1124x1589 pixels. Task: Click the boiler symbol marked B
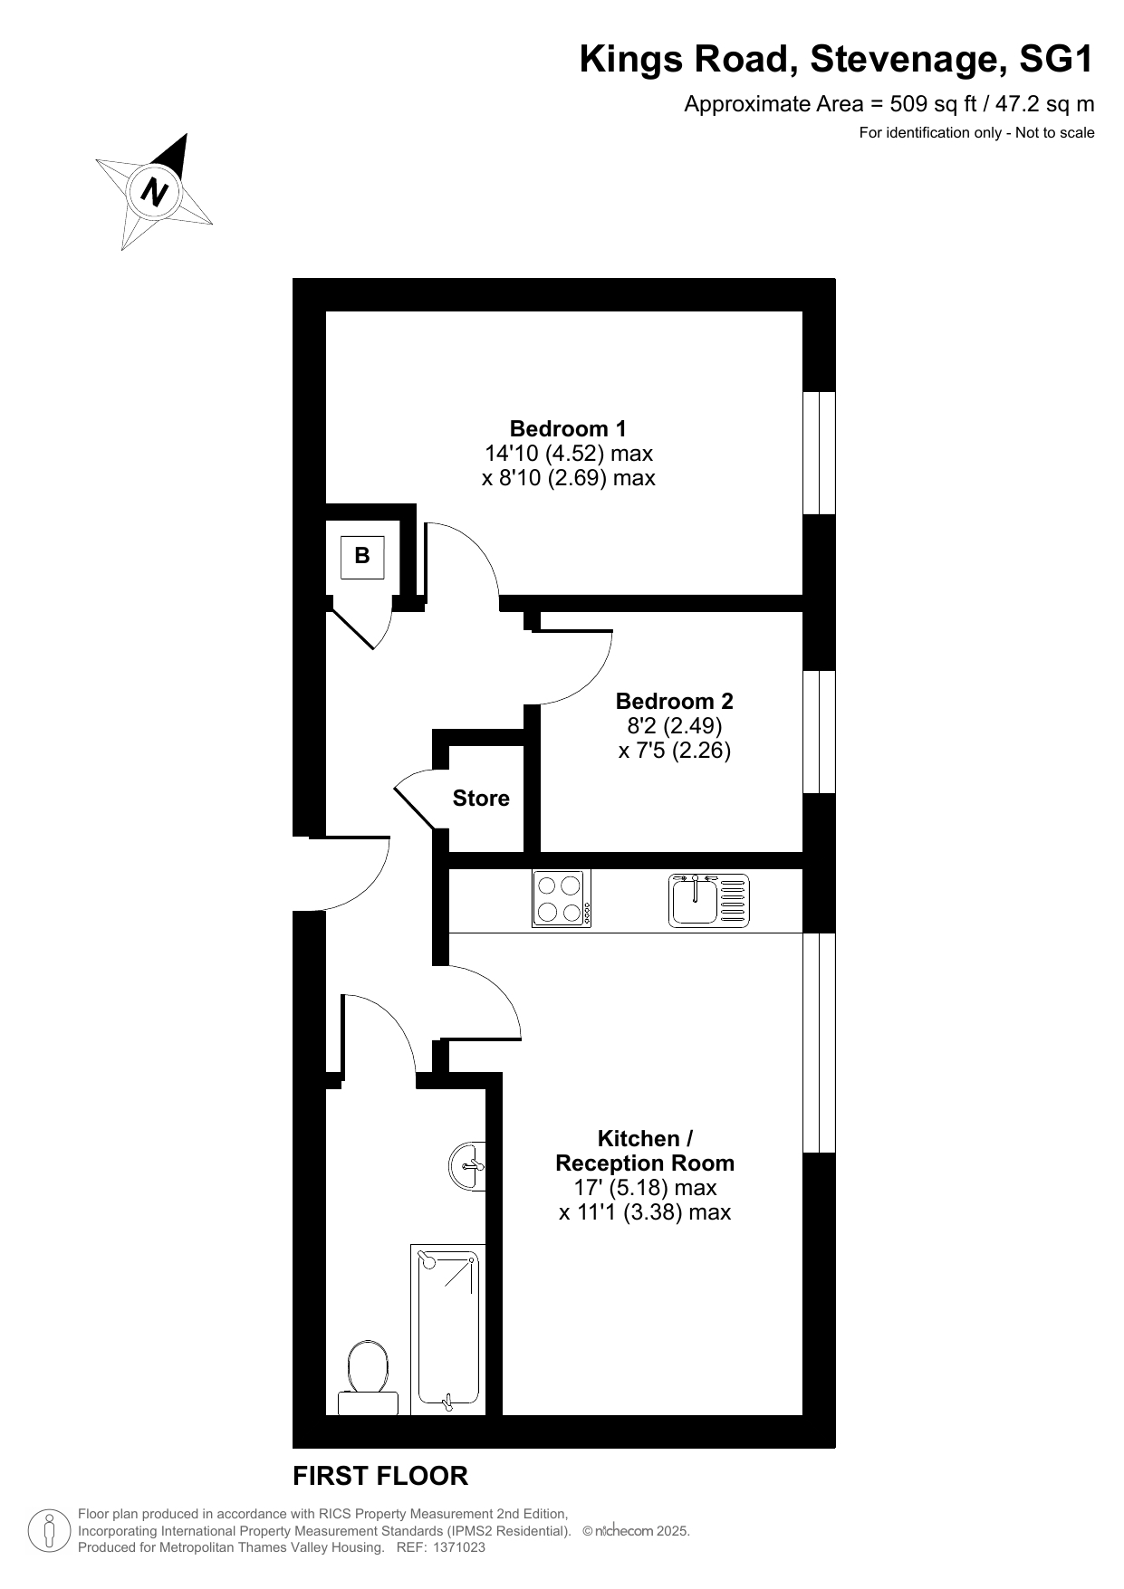point(362,557)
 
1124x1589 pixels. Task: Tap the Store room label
point(481,798)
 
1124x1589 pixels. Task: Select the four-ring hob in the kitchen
point(562,898)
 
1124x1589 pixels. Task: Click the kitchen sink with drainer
point(709,900)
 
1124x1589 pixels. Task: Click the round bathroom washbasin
point(467,1165)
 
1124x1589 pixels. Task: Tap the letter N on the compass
point(156,193)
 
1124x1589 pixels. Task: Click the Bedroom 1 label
point(568,428)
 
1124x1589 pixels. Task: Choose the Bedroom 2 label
point(675,701)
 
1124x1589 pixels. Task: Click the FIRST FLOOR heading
point(380,1476)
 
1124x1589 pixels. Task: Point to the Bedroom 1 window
point(820,453)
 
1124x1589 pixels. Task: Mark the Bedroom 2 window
point(820,732)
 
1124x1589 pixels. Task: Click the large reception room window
point(820,1042)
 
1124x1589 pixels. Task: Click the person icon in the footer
point(51,1530)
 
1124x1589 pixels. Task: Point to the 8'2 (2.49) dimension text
point(675,725)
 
